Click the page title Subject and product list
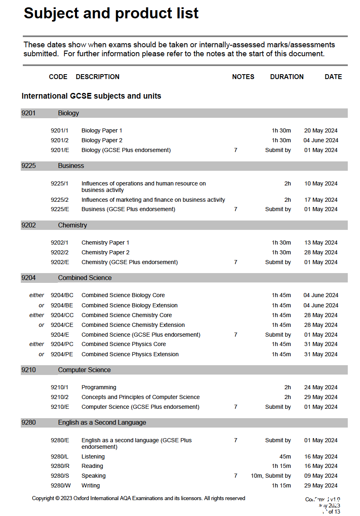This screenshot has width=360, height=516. [111, 13]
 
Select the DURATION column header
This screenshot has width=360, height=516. [287, 77]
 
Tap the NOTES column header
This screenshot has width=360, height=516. [243, 77]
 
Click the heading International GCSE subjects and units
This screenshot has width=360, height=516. [91, 96]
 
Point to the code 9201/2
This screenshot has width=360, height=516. [60, 140]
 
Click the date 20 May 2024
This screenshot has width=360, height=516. [321, 130]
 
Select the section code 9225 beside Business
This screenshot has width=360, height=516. [29, 166]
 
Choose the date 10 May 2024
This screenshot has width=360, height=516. [321, 183]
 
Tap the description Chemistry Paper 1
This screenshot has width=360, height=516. [105, 243]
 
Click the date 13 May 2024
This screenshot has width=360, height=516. [321, 243]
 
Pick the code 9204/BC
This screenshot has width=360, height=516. [62, 295]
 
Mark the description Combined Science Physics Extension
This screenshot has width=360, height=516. [130, 354]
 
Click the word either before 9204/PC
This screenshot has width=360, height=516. [37, 344]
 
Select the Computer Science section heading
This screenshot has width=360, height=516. [84, 370]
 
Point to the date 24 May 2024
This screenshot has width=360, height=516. [321, 387]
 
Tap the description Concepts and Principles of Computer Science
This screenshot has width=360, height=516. [140, 397]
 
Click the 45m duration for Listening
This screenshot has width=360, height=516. [285, 456]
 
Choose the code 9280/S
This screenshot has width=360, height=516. [60, 476]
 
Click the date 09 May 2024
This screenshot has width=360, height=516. [321, 476]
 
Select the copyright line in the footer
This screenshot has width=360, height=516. [138, 498]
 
